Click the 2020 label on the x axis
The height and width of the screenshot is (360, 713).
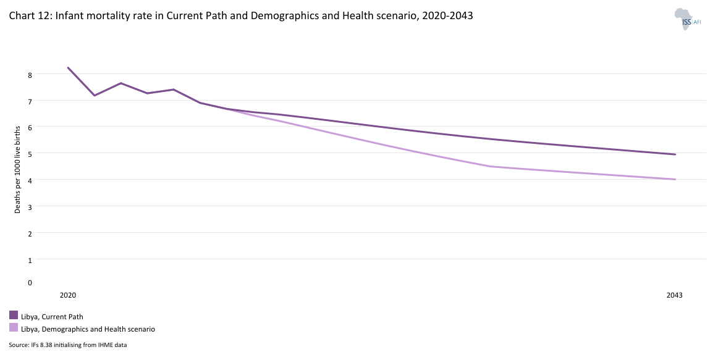[x=68, y=295]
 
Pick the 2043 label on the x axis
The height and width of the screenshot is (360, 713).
[x=675, y=295]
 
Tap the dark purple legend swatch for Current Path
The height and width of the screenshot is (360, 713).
[x=14, y=316]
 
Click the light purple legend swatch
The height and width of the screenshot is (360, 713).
[x=14, y=328]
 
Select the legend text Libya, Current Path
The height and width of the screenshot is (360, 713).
[x=52, y=317]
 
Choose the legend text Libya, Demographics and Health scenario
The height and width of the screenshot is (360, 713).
[x=88, y=329]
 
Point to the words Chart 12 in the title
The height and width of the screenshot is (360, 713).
[x=29, y=17]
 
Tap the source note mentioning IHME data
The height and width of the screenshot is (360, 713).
[x=68, y=345]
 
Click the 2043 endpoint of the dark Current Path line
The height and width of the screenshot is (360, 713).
[x=675, y=154]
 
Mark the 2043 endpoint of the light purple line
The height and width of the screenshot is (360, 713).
[x=675, y=179]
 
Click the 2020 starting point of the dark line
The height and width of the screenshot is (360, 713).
[x=68, y=67]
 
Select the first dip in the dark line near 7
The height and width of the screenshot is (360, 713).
[x=95, y=95]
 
